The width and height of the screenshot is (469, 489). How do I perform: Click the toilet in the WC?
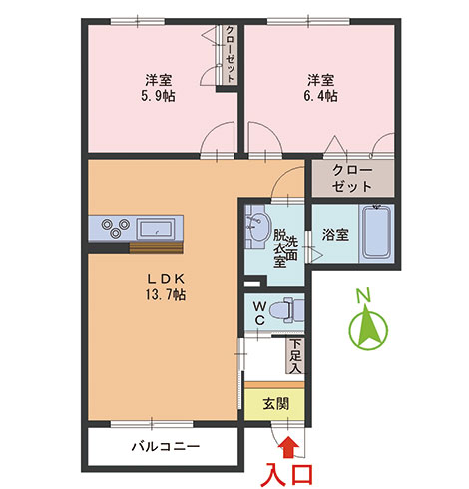[x=286, y=310]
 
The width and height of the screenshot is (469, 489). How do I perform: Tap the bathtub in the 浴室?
[x=376, y=233]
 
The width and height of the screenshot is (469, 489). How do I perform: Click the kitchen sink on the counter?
[x=156, y=228]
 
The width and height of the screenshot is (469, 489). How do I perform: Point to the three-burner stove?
[x=116, y=228]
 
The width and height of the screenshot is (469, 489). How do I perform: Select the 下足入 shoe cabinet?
[x=295, y=355]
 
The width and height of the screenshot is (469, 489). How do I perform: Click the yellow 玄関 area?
[x=274, y=404]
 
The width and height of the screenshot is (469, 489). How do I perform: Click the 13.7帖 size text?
[x=166, y=294]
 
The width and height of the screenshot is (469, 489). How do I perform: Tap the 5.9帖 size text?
[x=158, y=96]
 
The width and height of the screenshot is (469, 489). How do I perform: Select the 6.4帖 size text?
[x=320, y=96]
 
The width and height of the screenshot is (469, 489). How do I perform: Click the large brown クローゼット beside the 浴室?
[x=353, y=178]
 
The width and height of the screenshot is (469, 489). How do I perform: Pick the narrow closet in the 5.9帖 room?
[x=228, y=55]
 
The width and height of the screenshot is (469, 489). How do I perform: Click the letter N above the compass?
[x=363, y=296]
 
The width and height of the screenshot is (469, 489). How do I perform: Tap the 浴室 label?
[x=335, y=235]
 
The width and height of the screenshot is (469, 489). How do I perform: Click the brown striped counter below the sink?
[x=156, y=247]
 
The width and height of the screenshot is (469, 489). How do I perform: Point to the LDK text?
[x=166, y=279]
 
